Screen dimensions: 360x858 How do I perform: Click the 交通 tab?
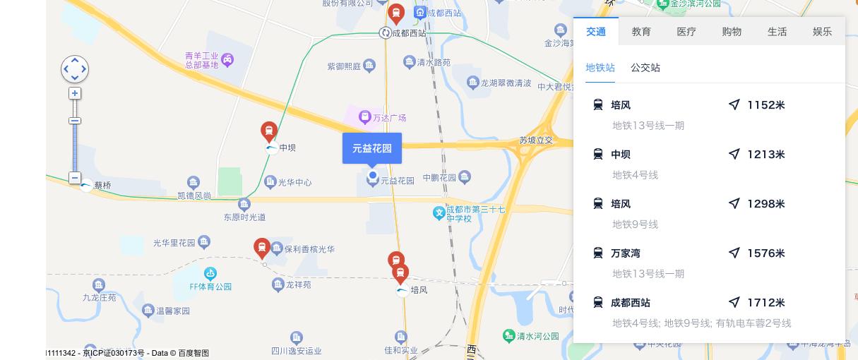pos(595,32)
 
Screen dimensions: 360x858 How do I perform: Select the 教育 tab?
pos(641,32)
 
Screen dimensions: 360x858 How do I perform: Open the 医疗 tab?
pos(686,32)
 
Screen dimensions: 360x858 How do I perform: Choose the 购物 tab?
pos(732,32)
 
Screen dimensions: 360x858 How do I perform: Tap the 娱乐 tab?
pos(822,32)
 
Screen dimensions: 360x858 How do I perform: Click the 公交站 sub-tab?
pos(645,68)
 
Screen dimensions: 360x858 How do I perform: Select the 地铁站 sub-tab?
pos(600,68)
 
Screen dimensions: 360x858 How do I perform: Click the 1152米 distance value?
pos(766,105)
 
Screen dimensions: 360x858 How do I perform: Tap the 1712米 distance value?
pos(766,303)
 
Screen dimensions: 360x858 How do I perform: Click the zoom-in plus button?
pos(75,93)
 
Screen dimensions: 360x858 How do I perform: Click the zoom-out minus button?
pos(75,178)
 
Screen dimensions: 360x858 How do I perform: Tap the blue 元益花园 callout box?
pos(372,148)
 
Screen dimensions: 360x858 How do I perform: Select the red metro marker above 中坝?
pos(268,131)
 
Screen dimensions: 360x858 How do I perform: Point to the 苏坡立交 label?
pos(536,140)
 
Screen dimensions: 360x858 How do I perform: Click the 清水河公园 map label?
pos(537,336)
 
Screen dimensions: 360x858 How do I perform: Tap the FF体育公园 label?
pos(210,287)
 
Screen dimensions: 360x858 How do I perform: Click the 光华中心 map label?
pos(294,182)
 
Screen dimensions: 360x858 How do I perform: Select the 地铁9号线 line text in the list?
pos(635,224)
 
